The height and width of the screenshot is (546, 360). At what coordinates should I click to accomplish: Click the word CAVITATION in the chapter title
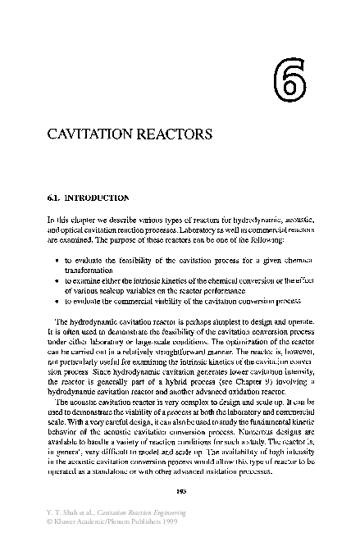(92, 133)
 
